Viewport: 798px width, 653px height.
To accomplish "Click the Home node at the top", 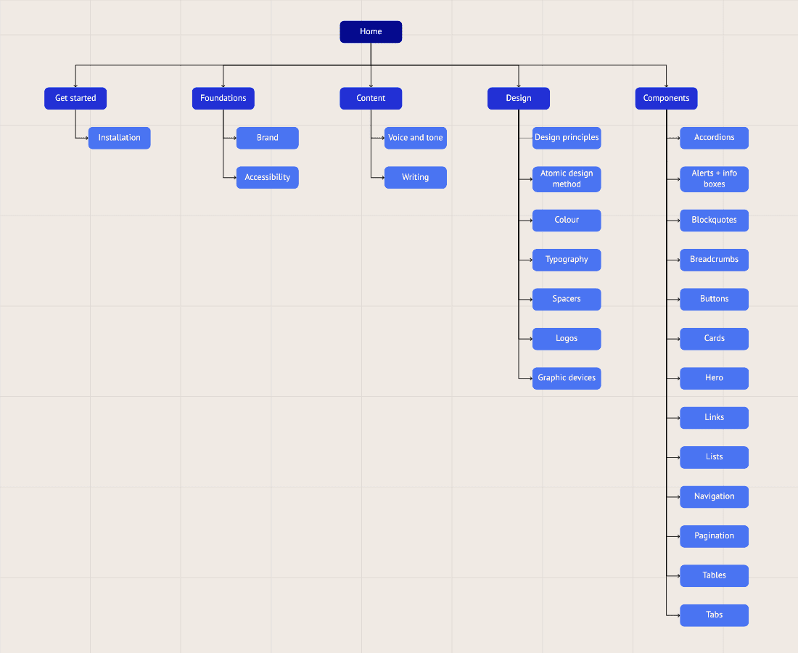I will [371, 32].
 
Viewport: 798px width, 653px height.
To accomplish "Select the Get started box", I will [75, 98].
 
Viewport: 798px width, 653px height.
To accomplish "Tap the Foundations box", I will [223, 98].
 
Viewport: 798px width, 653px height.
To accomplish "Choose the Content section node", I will [371, 98].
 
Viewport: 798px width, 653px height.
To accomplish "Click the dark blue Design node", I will [519, 98].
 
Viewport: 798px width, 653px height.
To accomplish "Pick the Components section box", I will [666, 98].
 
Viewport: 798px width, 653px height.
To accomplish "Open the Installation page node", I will [120, 138].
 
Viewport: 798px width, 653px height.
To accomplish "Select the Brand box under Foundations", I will [267, 138].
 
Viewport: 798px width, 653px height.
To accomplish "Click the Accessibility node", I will [267, 177].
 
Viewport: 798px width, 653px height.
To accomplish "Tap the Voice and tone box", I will [415, 138].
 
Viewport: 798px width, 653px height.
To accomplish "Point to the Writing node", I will [415, 177].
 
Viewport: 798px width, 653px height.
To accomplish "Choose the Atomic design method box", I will [567, 178].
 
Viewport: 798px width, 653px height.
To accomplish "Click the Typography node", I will [567, 260].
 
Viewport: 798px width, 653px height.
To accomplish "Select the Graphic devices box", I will [567, 378].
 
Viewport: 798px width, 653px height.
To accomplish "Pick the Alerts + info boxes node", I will [714, 178].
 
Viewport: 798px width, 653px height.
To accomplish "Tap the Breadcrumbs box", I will [714, 260].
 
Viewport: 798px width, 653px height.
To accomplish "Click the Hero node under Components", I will [714, 378].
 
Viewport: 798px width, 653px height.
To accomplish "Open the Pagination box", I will [714, 536].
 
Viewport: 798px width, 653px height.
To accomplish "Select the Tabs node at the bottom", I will [714, 615].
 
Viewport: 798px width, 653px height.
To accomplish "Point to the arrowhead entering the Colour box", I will [530, 220].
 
